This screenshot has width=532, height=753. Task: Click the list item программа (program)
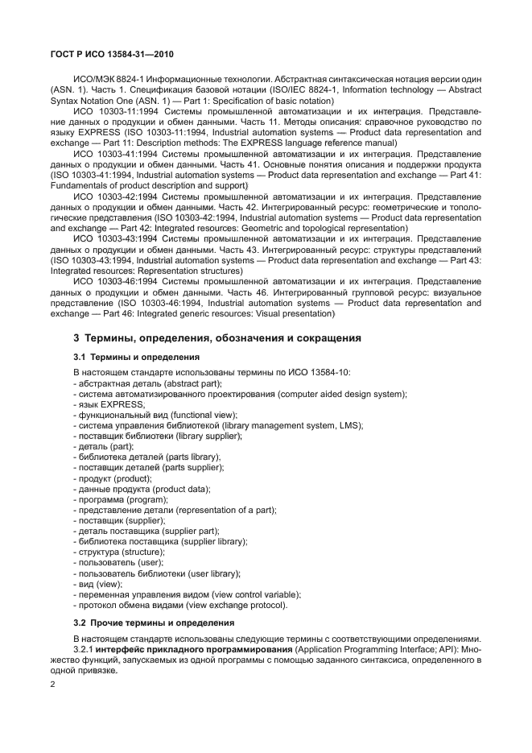coord(120,499)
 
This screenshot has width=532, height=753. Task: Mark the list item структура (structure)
coord(118,552)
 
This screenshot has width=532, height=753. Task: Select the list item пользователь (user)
coord(119,563)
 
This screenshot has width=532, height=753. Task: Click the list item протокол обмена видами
coord(180,605)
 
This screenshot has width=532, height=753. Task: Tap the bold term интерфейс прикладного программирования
coord(192,648)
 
